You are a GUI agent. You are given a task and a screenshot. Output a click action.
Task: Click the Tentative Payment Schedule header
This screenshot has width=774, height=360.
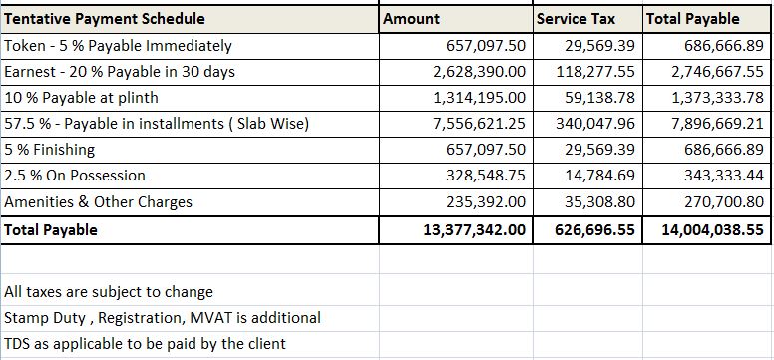pyautogui.click(x=105, y=19)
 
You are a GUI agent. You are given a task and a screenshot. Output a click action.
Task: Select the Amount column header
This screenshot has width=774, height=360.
pyautogui.click(x=412, y=19)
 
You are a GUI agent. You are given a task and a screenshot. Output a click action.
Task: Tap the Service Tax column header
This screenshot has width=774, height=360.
pyautogui.click(x=576, y=19)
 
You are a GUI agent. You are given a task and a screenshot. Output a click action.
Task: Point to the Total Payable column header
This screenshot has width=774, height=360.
pyautogui.click(x=693, y=19)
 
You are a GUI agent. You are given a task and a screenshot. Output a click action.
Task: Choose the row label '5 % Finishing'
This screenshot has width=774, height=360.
pyautogui.click(x=50, y=150)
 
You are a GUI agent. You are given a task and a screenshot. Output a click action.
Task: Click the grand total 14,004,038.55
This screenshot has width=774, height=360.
pyautogui.click(x=712, y=229)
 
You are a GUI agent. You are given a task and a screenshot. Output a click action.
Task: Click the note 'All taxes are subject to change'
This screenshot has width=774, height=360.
pyautogui.click(x=109, y=292)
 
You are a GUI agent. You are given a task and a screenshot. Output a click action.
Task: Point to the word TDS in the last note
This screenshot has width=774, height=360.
pyautogui.click(x=17, y=344)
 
